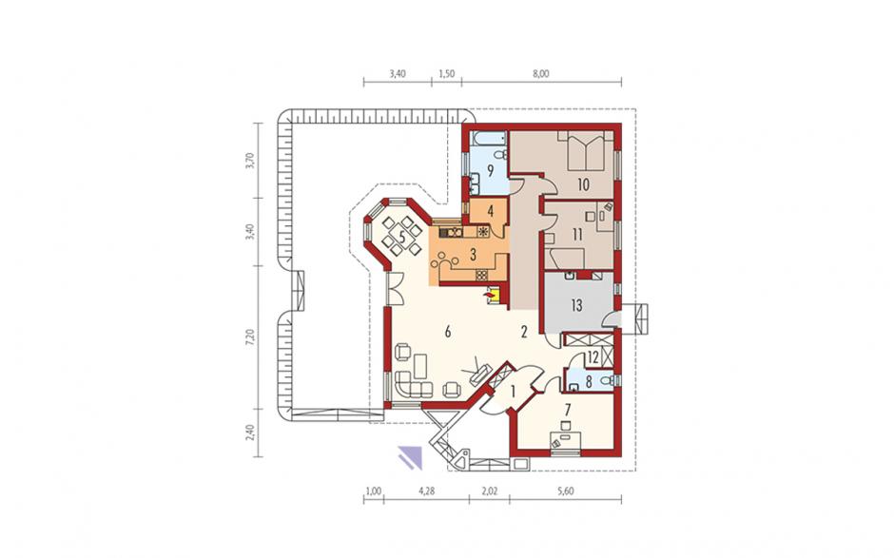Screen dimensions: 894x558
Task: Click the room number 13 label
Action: click(576, 305)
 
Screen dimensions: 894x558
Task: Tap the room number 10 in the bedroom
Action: click(583, 184)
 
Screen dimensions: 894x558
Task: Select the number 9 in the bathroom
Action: click(490, 170)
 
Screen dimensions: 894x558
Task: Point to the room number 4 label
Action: click(491, 211)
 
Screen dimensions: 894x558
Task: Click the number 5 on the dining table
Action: click(402, 238)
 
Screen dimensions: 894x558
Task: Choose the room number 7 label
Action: click(567, 410)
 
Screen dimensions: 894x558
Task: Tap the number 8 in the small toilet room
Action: click(589, 382)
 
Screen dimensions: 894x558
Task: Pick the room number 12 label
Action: click(593, 358)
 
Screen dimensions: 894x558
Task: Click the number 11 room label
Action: click(577, 235)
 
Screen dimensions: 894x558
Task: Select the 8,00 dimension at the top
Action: click(541, 73)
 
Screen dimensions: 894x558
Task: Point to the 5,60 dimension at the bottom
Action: click(565, 491)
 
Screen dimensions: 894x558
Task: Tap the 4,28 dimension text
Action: click(426, 491)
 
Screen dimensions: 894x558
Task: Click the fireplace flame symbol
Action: click(488, 295)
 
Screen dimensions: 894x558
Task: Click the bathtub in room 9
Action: click(489, 138)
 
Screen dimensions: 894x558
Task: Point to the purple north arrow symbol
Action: click(411, 457)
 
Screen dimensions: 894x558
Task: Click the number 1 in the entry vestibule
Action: click(513, 392)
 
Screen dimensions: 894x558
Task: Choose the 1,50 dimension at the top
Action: click(446, 73)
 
